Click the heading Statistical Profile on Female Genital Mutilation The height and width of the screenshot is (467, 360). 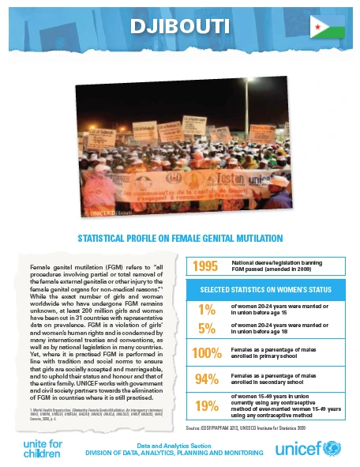point(179,237)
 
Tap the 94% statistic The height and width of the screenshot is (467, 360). point(206,378)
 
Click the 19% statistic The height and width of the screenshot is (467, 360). point(206,406)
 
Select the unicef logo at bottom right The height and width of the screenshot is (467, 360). point(312,450)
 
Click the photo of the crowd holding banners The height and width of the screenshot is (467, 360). point(179,150)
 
